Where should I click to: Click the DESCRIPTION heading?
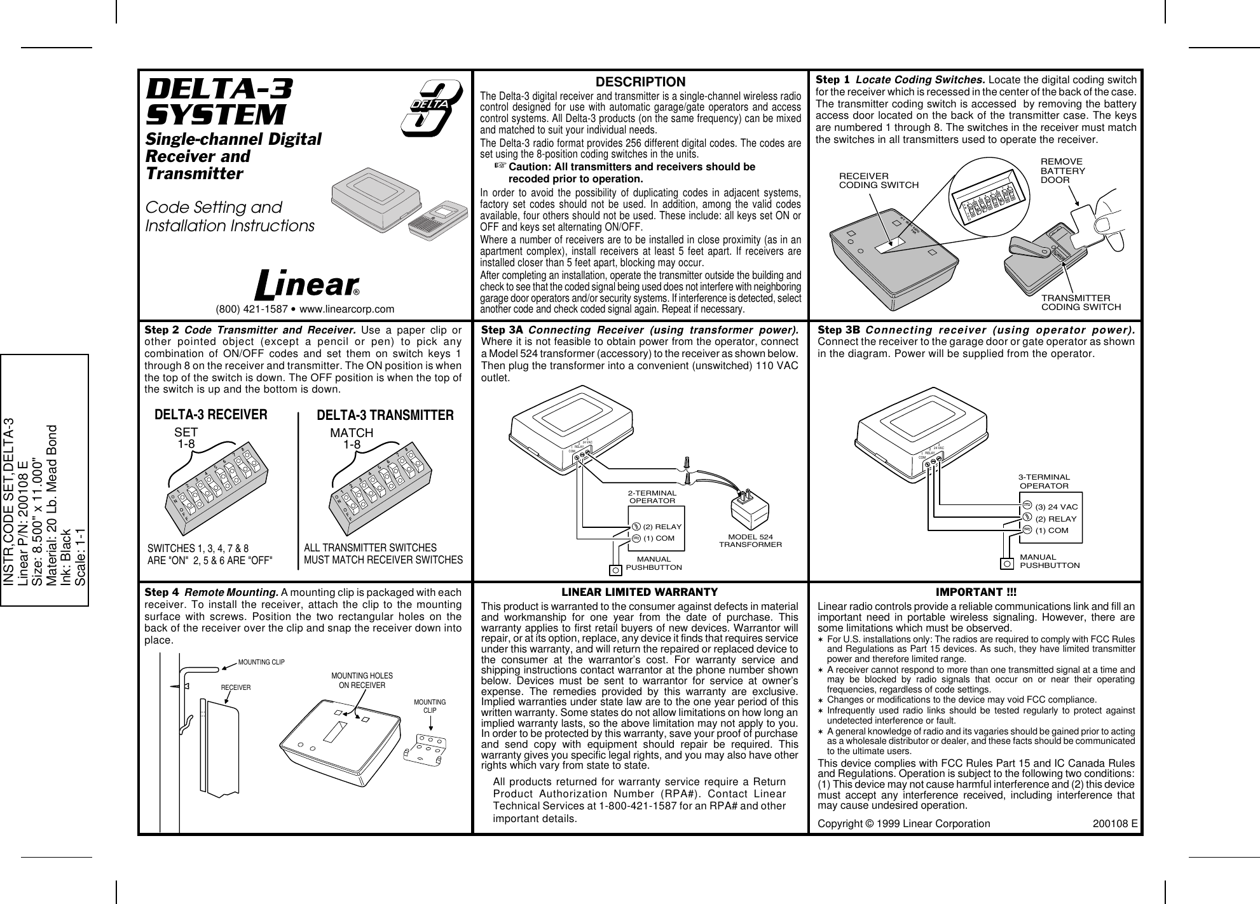[x=640, y=83]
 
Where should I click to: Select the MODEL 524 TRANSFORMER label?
[x=750, y=541]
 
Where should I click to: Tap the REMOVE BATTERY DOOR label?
[x=1062, y=171]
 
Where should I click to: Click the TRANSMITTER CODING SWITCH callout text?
[x=1080, y=302]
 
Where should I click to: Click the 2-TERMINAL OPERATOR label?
[x=652, y=496]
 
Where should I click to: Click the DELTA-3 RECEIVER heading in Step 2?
[x=211, y=415]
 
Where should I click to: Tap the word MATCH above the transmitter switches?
[x=351, y=433]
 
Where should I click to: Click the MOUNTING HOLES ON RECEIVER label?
[x=362, y=680]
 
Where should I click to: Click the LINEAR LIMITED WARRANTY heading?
[x=640, y=592]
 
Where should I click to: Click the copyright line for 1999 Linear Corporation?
[x=903, y=823]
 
